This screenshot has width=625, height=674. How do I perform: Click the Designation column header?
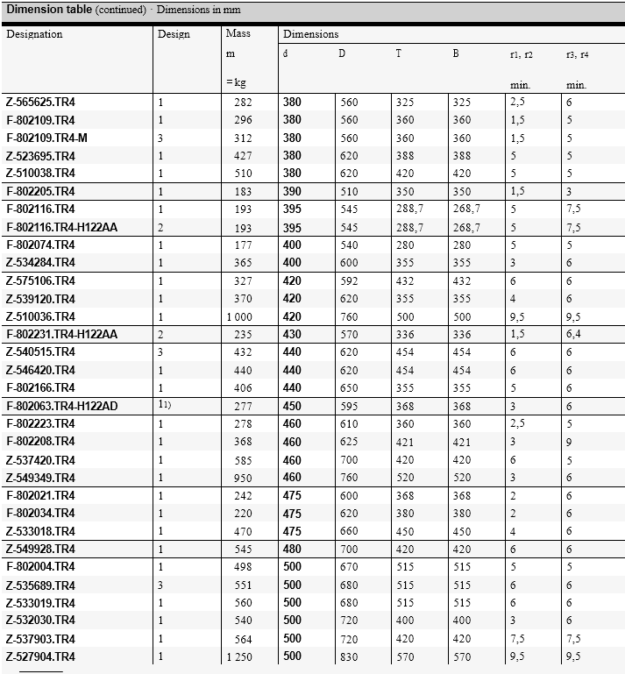coord(35,34)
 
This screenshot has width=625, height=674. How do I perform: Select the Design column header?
coord(173,34)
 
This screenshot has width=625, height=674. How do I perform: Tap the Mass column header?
coord(238,34)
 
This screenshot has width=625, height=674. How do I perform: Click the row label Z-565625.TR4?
coord(40,102)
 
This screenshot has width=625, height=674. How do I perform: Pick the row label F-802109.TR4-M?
coord(47,138)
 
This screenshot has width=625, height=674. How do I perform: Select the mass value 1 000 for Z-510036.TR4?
coord(238,316)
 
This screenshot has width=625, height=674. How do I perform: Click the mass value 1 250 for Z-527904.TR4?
coord(238,656)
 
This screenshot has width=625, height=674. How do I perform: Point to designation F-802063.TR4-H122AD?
coord(61,406)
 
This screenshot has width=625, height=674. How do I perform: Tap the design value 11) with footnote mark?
coord(164,406)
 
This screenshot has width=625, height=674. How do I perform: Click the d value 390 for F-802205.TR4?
coord(292,191)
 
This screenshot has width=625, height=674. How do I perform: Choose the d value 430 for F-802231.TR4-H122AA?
coord(292,334)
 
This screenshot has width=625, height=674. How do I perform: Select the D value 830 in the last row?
coord(349,656)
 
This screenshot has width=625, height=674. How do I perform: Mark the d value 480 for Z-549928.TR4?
coord(292,549)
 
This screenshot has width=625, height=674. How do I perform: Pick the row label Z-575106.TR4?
coord(40,280)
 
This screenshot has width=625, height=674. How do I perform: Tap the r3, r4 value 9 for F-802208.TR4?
coord(569,442)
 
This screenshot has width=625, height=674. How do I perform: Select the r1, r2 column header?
coord(522,54)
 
